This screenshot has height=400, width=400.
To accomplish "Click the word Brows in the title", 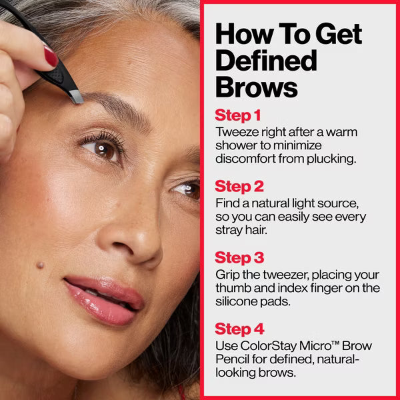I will coord(256,87).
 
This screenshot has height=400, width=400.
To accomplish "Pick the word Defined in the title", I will coord(266,60).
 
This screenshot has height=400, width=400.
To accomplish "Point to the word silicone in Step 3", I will coord(237,302).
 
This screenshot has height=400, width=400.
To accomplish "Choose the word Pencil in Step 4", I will coord(232,360).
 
